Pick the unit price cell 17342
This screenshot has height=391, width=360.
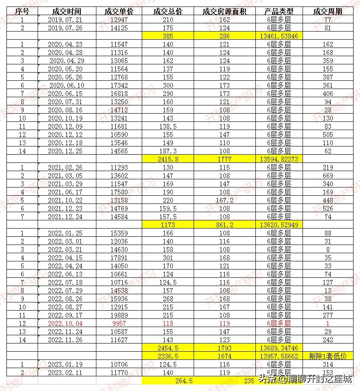[119, 86]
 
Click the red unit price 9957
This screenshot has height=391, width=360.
[119, 323]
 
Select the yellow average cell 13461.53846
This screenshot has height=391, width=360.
[278, 36]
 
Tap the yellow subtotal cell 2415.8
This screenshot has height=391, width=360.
[168, 159]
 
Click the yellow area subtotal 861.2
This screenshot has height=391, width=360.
[224, 225]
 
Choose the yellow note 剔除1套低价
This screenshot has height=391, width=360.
[328, 356]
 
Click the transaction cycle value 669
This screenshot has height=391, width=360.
[328, 176]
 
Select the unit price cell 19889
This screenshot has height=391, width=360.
[119, 315]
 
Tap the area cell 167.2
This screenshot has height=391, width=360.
[224, 200]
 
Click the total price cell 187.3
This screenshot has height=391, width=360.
[168, 151]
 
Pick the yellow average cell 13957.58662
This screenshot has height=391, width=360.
[278, 356]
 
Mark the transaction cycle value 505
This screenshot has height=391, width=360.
[328, 135]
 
